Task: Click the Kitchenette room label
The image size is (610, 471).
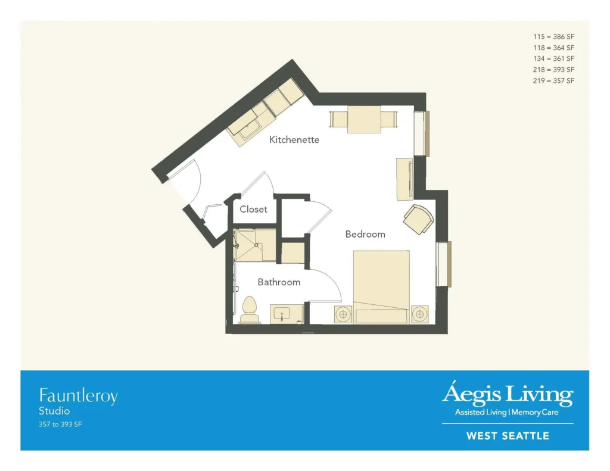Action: [294, 139]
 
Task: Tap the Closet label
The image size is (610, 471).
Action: [253, 209]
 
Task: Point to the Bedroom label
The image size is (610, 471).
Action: [365, 234]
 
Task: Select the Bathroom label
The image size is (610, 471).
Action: [279, 282]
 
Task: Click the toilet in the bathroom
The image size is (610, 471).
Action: [250, 310]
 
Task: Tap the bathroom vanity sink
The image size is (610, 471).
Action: [282, 313]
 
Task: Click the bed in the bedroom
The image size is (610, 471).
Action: [381, 286]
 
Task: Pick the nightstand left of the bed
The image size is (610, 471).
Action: [343, 314]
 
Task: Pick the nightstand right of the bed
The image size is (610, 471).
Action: [419, 314]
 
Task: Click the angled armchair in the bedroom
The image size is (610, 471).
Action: [418, 219]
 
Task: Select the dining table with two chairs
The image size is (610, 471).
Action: [364, 120]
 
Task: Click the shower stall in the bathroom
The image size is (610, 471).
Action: [254, 245]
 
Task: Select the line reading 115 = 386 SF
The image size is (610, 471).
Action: [553, 36]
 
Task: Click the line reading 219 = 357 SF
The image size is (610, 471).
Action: [553, 80]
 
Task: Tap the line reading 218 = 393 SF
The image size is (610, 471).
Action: [553, 70]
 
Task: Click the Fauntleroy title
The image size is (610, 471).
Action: [78, 397]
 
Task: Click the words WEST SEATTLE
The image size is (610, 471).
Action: [508, 436]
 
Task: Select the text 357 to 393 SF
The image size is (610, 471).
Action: [60, 425]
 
